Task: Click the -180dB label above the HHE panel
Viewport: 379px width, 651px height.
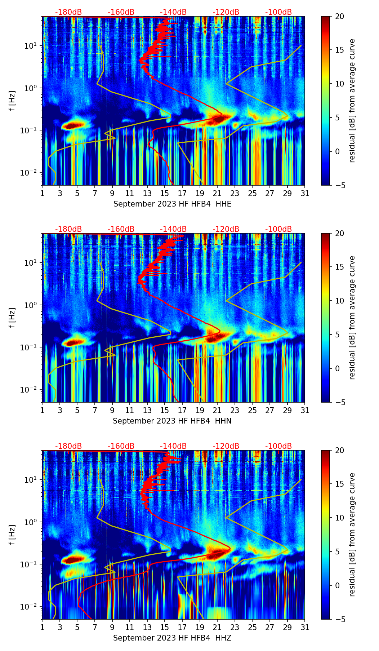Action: coord(68,12)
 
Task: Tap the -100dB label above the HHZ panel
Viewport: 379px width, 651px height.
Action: coord(278,446)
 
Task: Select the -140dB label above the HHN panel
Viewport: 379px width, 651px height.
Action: coord(173,229)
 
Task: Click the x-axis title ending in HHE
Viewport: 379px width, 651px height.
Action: coord(172,204)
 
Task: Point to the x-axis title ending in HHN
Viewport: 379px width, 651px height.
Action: coord(172,421)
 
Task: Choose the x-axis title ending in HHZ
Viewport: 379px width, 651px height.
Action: coord(172,638)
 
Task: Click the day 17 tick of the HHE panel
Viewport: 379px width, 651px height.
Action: coord(182,193)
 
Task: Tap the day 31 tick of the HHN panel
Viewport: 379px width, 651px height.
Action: coord(305,410)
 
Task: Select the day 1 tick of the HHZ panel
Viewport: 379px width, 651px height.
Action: coord(42,627)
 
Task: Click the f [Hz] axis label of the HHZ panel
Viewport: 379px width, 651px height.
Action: coord(12,535)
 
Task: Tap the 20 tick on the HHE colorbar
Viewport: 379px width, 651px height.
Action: coord(340,16)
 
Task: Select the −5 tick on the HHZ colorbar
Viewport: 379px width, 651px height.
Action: coord(340,619)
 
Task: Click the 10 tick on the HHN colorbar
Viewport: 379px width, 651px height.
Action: coord(340,301)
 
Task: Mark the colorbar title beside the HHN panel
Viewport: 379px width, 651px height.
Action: coord(352,318)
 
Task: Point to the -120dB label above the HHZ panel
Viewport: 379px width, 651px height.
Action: coord(226,446)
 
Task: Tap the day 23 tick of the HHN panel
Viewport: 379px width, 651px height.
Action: coord(235,410)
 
